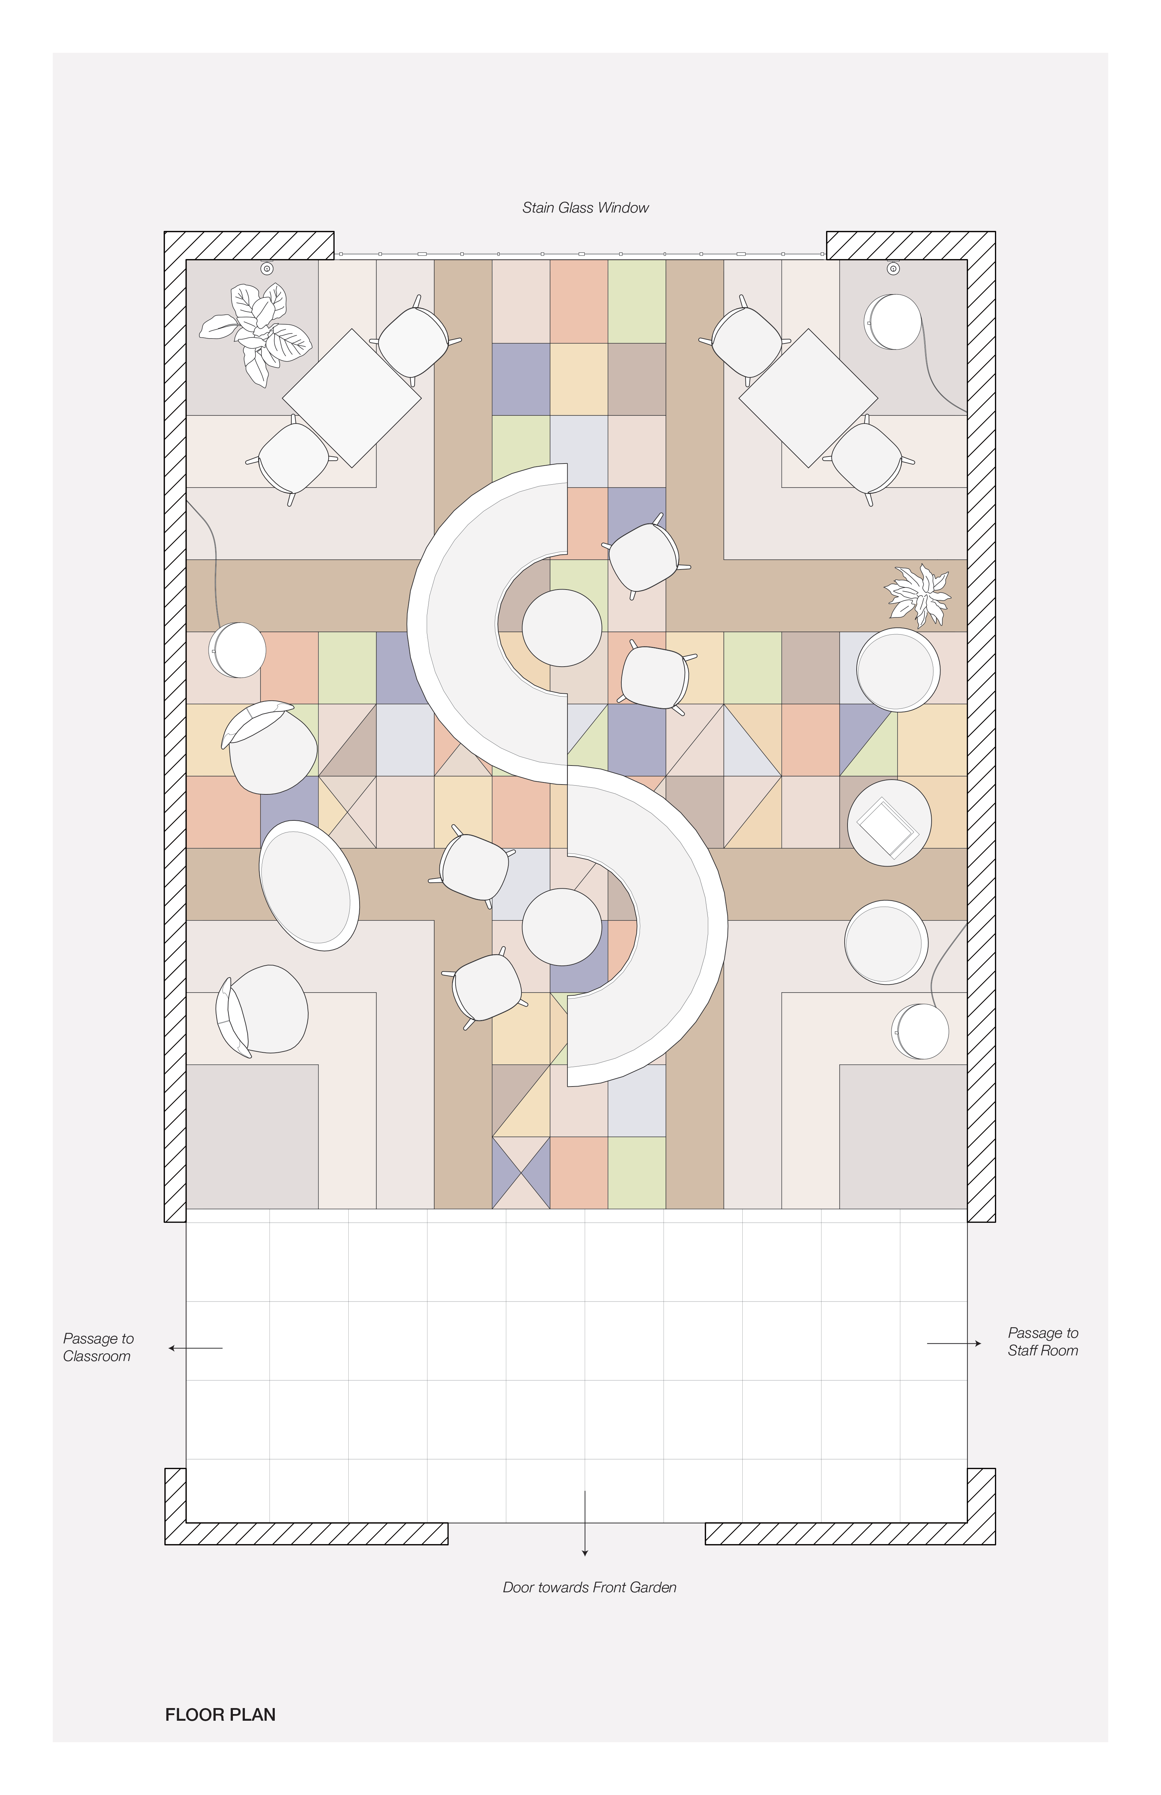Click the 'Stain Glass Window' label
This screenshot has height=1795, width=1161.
point(585,207)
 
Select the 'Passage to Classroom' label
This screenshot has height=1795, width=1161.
point(98,1347)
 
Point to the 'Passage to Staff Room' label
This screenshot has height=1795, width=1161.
point(1043,1342)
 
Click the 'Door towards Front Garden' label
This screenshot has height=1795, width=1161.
point(590,1587)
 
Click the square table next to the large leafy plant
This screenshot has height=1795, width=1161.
point(351,398)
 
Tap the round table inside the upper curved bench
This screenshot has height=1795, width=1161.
point(562,628)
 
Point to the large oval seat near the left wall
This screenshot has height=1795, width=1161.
point(309,886)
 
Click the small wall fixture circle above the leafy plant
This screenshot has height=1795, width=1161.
point(267,269)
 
